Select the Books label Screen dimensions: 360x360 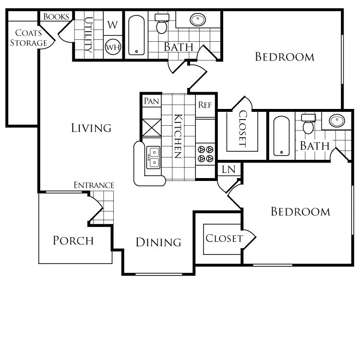point(56,17)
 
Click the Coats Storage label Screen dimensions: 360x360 point(29,38)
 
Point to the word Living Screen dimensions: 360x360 point(91,128)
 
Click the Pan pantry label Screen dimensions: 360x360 point(152,101)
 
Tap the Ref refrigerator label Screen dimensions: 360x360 point(205,105)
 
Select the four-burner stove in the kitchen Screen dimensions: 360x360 point(205,154)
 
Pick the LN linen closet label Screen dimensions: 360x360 point(228,169)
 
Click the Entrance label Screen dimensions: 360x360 point(94,185)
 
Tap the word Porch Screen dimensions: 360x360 point(73,240)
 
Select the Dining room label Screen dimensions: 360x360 point(158,242)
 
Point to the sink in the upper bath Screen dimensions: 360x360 point(198,20)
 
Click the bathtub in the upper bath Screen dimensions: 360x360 point(136,35)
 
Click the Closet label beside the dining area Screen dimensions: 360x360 point(224,239)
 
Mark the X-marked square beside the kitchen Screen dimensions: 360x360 point(153,128)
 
